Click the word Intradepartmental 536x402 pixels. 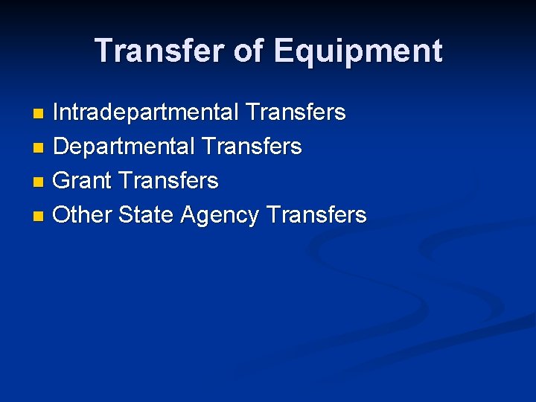coord(145,112)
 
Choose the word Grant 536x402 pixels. coord(82,181)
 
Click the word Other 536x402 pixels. coord(82,215)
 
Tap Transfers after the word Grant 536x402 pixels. coord(168,181)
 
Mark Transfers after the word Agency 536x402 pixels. coord(316,215)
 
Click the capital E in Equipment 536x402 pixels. coord(284,51)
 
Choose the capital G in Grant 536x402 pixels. coord(63,181)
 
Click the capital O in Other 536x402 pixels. coord(63,215)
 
